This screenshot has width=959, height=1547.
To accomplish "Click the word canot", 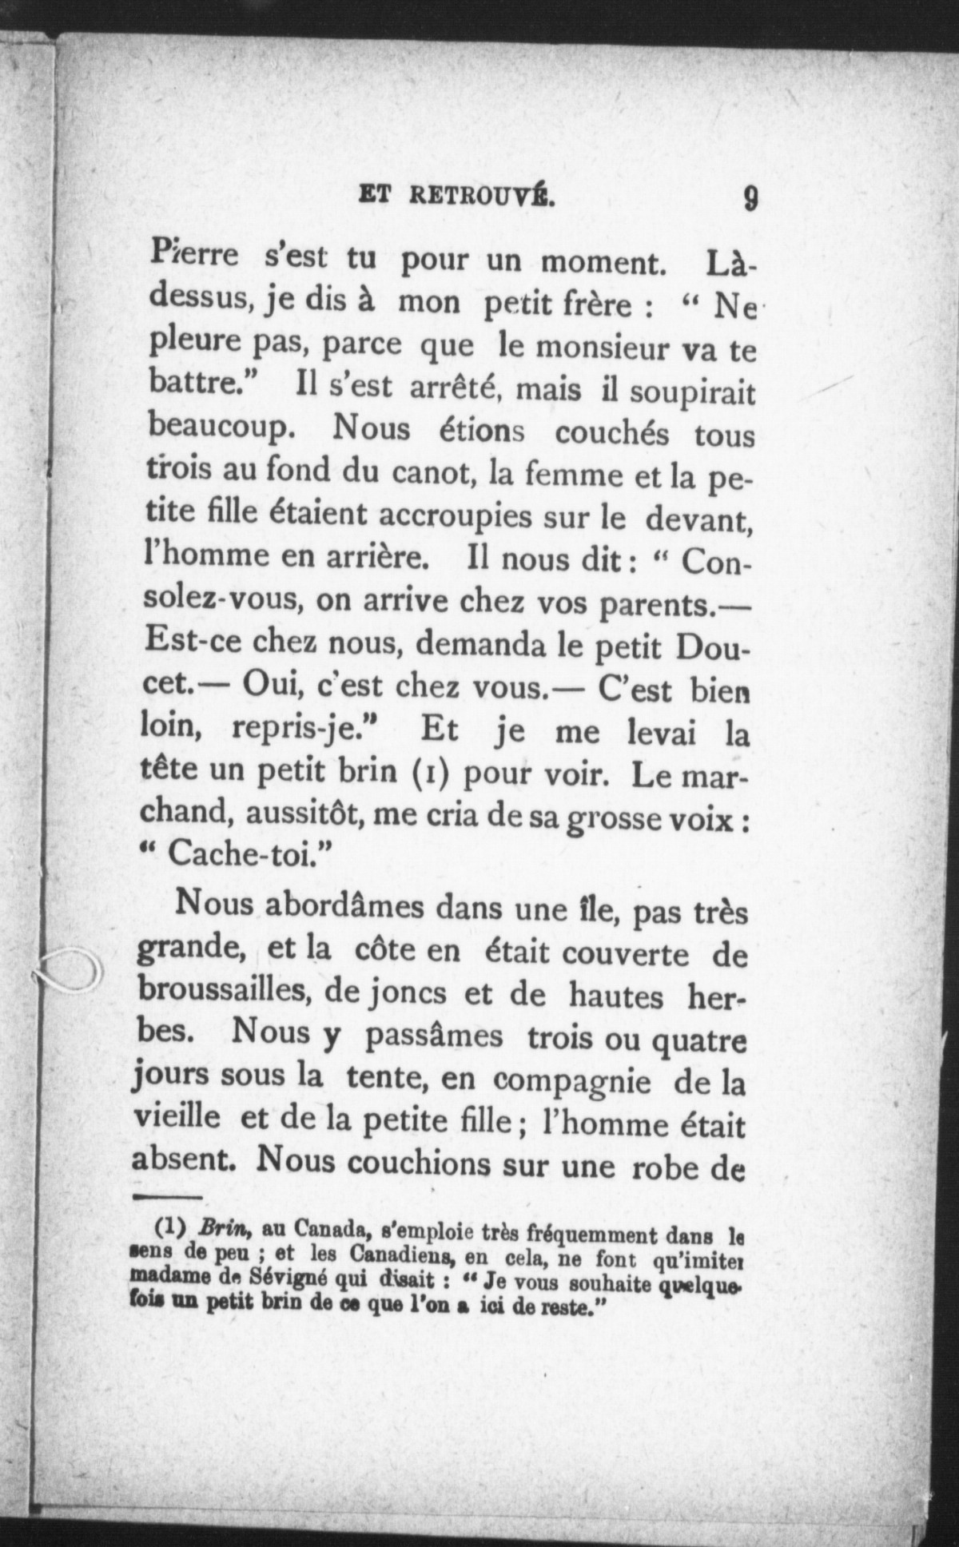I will point(434,474).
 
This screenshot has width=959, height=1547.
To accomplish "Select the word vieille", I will point(176,1121).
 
